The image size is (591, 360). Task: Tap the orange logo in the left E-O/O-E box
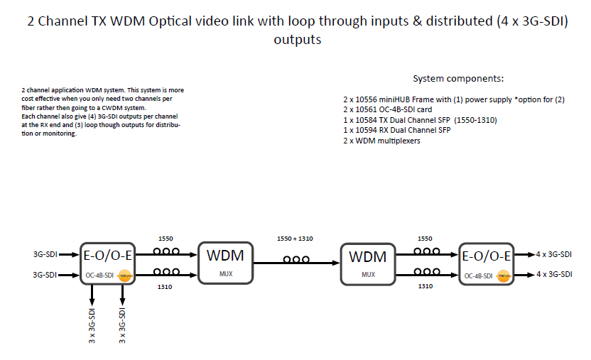point(124,276)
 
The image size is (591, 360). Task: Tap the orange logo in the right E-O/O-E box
point(504,276)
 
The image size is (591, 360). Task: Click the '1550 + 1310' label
point(295,239)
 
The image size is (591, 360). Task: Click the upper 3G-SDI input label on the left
point(45,253)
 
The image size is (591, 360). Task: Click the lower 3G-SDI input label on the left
point(45,274)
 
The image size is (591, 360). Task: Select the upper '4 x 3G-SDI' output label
point(555,253)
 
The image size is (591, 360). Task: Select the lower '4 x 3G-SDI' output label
point(555,274)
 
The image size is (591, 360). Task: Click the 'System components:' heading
point(458,79)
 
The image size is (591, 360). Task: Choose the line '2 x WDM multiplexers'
point(382,141)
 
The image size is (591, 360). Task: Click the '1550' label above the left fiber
point(166,239)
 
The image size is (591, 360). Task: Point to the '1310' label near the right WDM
point(424,286)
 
